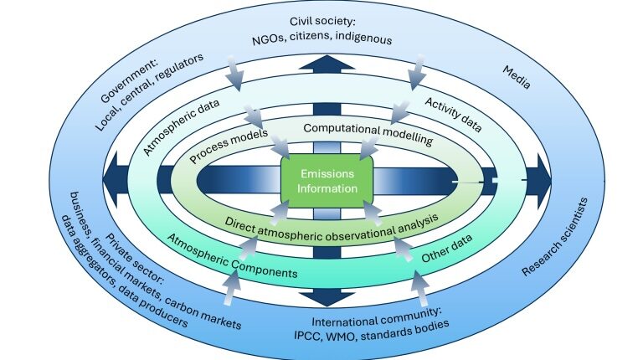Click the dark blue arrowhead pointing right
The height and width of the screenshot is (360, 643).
tap(538, 180)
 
